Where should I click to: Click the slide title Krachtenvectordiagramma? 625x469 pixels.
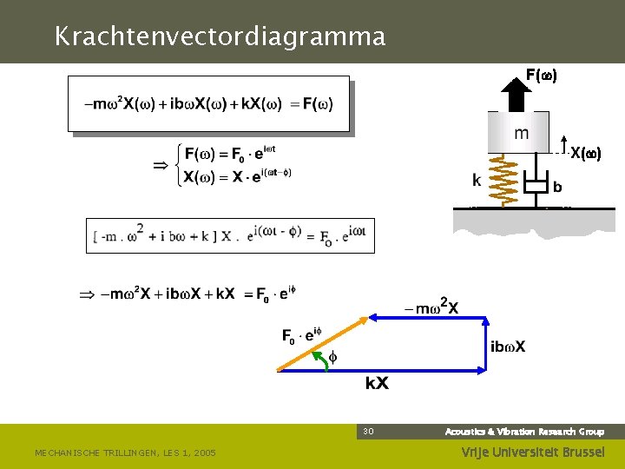pyautogui.click(x=219, y=36)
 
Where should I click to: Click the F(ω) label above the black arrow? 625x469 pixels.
pyautogui.click(x=541, y=76)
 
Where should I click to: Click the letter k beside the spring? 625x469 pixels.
pyautogui.click(x=477, y=181)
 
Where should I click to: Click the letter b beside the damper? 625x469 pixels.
pyautogui.click(x=557, y=187)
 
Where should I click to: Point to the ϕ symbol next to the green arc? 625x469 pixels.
pyautogui.click(x=332, y=357)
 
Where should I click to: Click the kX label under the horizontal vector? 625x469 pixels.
pyautogui.click(x=377, y=383)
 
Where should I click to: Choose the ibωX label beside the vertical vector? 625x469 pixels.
pyautogui.click(x=508, y=347)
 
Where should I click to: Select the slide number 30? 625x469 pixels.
pyautogui.click(x=368, y=431)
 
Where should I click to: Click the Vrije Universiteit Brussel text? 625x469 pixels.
pyautogui.click(x=530, y=452)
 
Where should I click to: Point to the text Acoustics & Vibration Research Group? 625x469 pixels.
pyautogui.click(x=524, y=432)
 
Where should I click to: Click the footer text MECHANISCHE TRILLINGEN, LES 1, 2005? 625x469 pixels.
pyautogui.click(x=125, y=452)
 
